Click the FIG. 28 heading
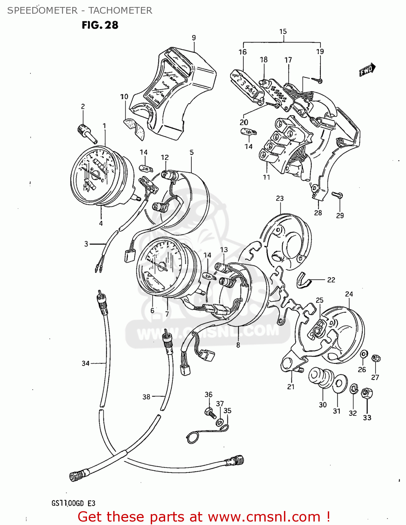click(x=100, y=25)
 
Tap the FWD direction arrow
click(x=367, y=70)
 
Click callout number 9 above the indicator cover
click(x=194, y=38)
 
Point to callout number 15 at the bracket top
click(x=283, y=31)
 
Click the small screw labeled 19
click(x=319, y=80)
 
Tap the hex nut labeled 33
click(x=367, y=394)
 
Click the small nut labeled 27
click(x=376, y=358)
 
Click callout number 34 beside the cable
click(x=86, y=363)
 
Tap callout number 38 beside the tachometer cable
click(x=146, y=397)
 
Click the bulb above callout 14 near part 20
click(x=249, y=132)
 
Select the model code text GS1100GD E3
click(x=73, y=503)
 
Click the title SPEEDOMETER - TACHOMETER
click(x=80, y=10)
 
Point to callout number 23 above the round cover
click(x=279, y=198)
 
